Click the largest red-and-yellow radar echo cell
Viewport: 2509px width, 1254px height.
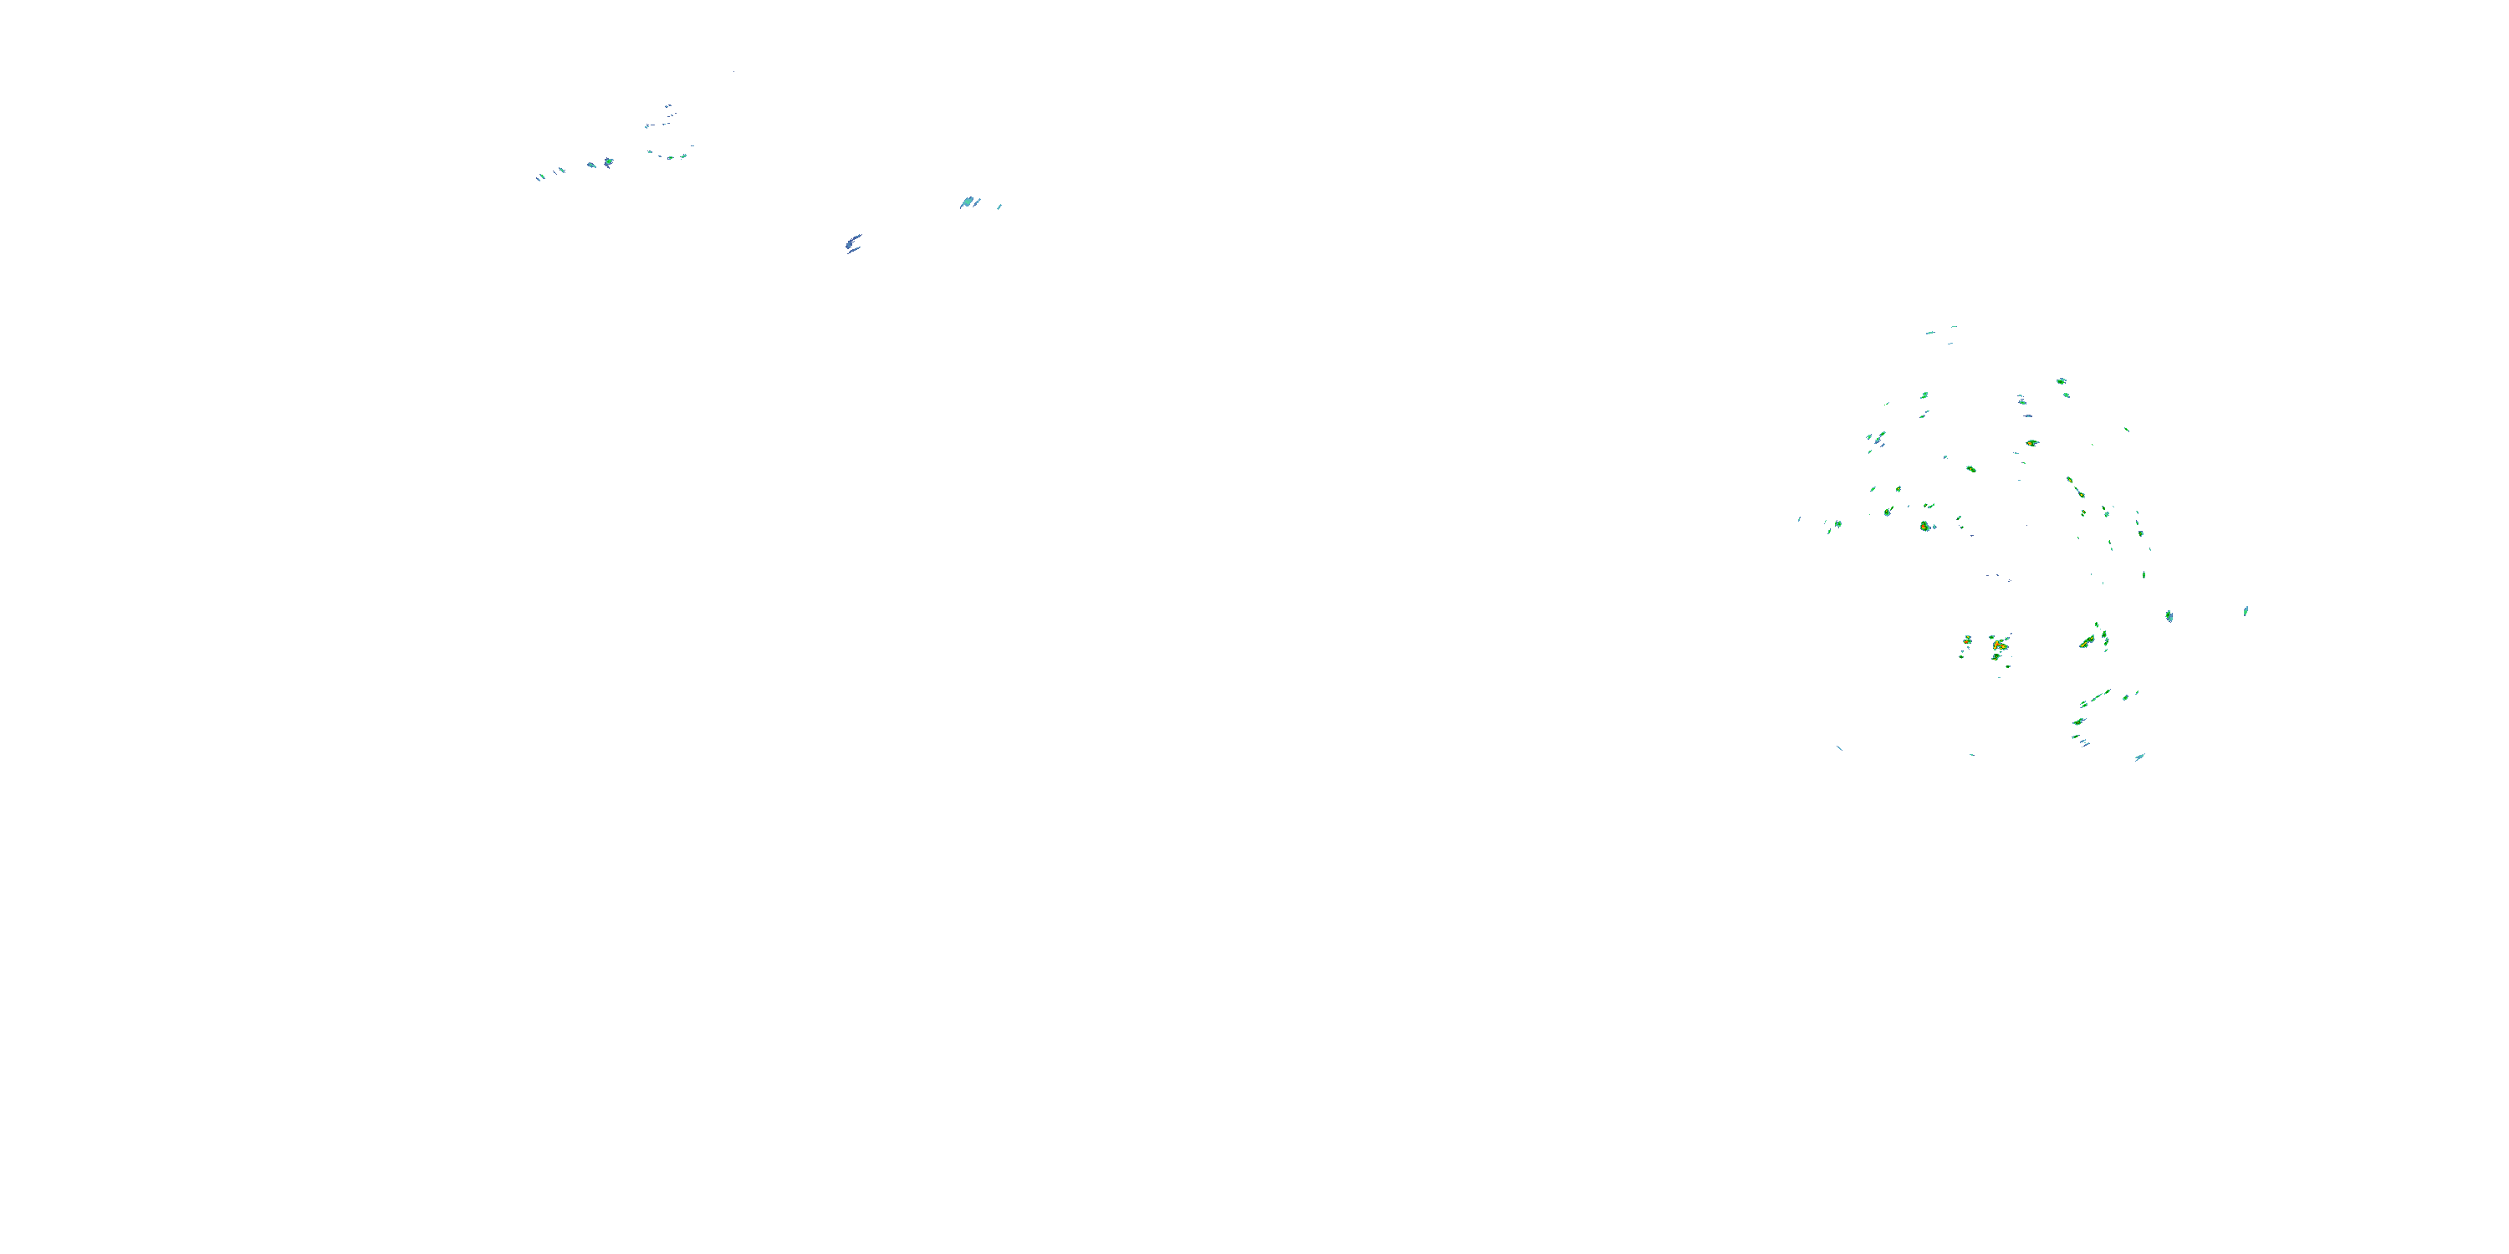coord(2000,645)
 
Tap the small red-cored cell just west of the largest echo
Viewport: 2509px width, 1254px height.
coord(1967,640)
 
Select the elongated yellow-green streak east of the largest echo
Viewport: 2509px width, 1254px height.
coord(2087,641)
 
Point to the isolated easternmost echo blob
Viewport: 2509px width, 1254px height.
coord(2245,611)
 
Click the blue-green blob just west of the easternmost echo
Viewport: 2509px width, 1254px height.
coord(2169,615)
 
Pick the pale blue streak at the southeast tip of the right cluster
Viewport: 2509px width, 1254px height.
coord(2139,757)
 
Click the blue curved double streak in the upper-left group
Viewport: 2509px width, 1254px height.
coord(853,242)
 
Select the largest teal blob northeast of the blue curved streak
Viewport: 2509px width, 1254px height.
coord(966,202)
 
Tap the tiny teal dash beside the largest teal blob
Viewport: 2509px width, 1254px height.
coord(999,206)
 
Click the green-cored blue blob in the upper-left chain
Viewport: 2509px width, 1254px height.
coord(608,161)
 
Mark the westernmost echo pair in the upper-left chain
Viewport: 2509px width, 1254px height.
coord(540,176)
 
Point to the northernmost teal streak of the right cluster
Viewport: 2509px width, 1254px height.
coord(1929,332)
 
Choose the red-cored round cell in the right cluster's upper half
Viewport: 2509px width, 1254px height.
coord(1924,526)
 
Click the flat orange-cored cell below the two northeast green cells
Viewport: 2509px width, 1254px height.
coord(2031,443)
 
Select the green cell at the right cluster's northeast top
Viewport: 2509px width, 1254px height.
coord(2061,382)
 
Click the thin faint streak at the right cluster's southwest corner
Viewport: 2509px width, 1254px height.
coord(1839,747)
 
